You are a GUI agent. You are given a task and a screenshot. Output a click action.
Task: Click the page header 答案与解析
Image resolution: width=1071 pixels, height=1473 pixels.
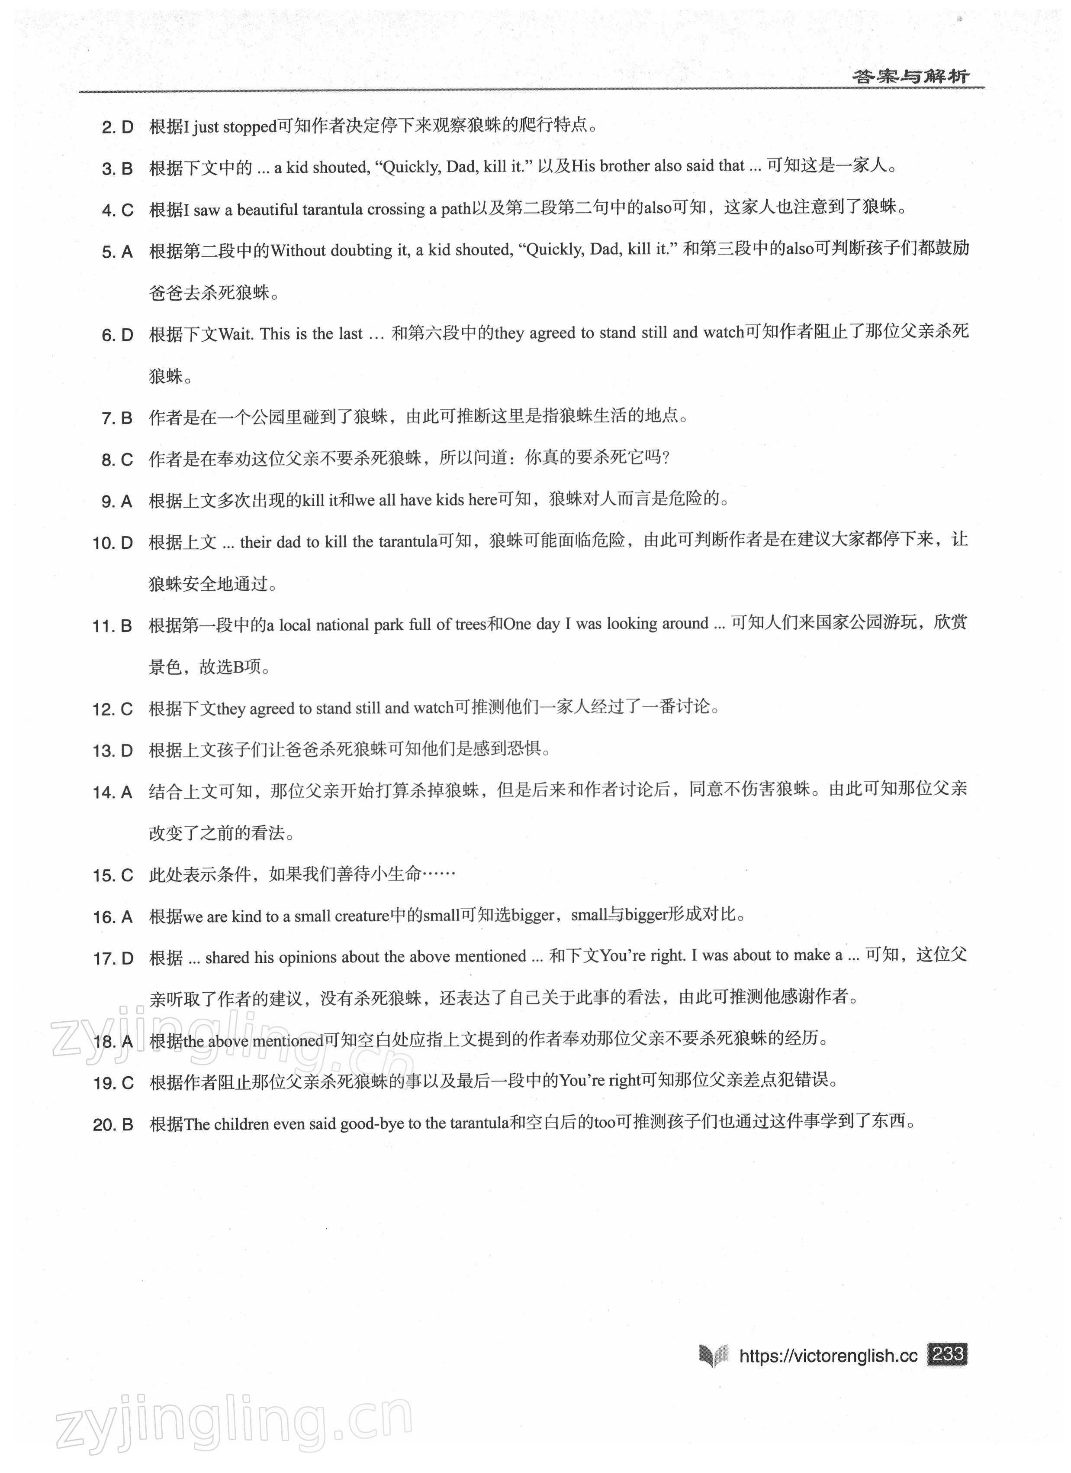(910, 77)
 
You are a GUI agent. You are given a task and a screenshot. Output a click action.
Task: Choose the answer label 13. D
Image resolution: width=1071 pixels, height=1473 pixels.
(113, 751)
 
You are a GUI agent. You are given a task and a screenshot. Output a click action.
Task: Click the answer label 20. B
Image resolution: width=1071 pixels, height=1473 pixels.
(113, 1125)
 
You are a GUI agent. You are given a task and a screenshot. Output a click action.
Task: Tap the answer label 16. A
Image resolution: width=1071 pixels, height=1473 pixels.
(113, 917)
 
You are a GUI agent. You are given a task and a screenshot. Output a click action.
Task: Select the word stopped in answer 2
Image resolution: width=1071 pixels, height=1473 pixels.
(250, 126)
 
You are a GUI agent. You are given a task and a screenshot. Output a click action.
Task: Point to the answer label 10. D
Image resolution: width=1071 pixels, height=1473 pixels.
(113, 543)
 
